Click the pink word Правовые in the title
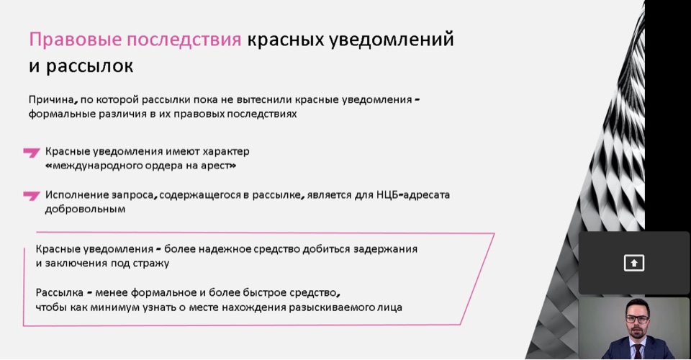(75, 40)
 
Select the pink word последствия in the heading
(184, 40)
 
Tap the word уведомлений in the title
(392, 40)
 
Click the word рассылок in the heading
(89, 66)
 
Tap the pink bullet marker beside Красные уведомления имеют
(32, 153)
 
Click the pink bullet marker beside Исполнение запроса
(32, 195)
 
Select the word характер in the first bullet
(226, 152)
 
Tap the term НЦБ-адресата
(413, 195)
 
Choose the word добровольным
(85, 209)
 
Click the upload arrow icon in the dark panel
(634, 263)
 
